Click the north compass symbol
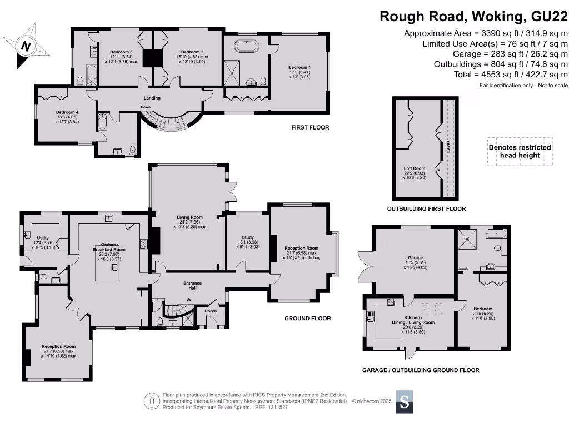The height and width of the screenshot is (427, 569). (x=25, y=46)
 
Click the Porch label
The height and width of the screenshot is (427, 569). (x=211, y=311)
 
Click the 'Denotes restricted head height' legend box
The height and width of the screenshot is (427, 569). (x=520, y=151)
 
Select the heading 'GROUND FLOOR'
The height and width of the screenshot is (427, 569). (x=307, y=319)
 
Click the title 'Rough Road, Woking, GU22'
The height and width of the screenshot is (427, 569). (x=473, y=17)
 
